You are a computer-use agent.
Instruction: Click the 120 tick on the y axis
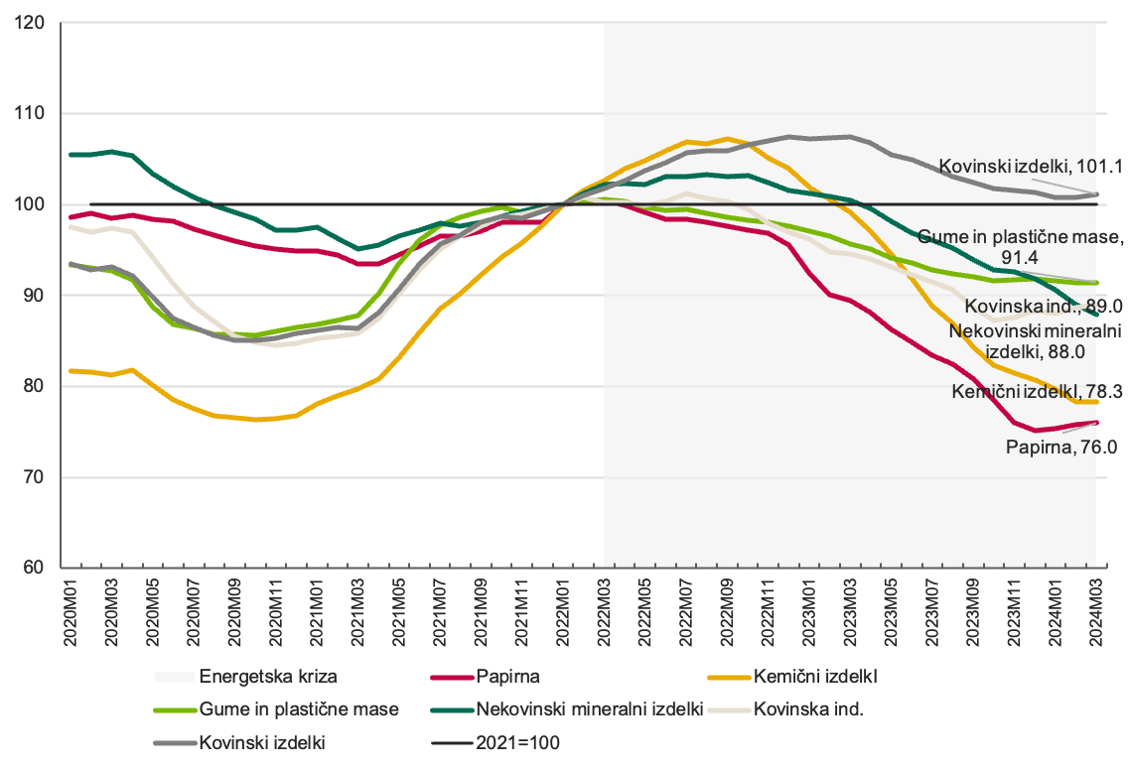34,22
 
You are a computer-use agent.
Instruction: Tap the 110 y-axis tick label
34,113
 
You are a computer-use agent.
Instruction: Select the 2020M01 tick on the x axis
71,609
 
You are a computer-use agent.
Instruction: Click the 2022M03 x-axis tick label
604,609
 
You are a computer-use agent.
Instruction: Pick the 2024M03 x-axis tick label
1095,609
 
